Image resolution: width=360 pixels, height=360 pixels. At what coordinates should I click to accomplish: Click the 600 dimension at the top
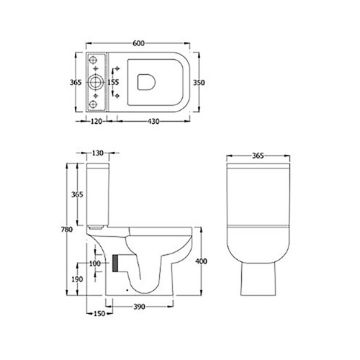138,43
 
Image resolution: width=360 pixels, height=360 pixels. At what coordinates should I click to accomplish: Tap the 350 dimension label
199,83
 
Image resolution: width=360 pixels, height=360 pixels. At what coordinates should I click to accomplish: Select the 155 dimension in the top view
113,82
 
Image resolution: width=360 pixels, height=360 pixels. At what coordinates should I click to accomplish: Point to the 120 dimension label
96,122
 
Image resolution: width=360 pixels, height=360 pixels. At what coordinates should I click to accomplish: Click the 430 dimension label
153,122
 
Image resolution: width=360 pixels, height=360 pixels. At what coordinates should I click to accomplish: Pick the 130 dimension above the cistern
98,153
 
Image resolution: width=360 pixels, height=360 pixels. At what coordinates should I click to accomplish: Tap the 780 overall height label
67,230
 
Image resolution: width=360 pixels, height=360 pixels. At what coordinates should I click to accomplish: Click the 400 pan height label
201,261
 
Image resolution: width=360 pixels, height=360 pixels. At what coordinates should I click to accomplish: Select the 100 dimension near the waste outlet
95,263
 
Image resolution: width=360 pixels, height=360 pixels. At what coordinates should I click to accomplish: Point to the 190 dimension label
77,279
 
